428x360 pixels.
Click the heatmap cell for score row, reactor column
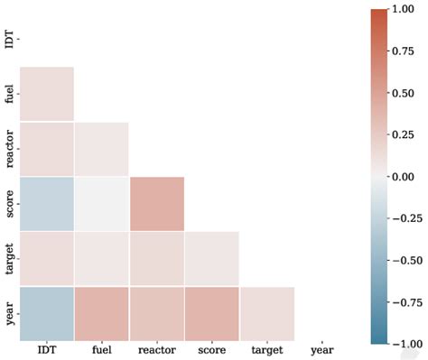156,203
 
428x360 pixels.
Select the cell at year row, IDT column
46,313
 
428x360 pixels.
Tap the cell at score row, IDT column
46,203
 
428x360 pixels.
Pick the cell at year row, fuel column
101,313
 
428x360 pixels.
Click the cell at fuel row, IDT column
46,94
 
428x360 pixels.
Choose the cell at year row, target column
266,313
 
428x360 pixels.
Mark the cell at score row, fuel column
101,203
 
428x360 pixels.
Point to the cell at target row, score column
211,258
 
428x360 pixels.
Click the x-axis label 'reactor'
156,349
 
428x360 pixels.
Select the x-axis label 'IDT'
46,349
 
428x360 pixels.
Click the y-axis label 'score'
9,203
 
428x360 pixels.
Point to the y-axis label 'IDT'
9,39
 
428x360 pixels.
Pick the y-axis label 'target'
9,258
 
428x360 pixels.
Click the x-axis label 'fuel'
101,349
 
